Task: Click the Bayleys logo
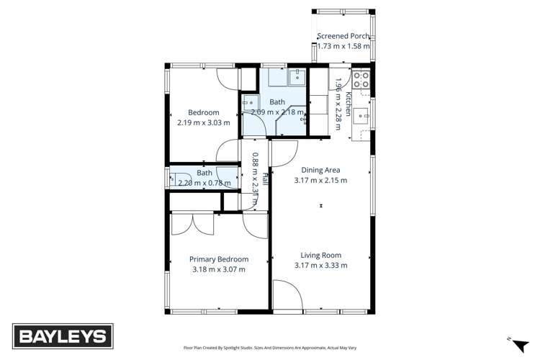[x=63, y=336]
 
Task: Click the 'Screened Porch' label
[x=343, y=36]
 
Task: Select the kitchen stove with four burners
[x=361, y=79]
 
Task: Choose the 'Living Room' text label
[x=320, y=255]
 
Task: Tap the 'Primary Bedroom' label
[x=219, y=259]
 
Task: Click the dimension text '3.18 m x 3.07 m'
[x=219, y=269]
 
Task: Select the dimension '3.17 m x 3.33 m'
[x=320, y=265]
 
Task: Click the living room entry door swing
[x=286, y=295]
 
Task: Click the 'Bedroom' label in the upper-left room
[x=203, y=112]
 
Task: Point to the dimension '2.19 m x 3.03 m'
[x=203, y=122]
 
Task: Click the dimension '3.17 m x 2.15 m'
[x=320, y=180]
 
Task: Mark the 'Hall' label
[x=265, y=179]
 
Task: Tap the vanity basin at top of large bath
[x=297, y=76]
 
